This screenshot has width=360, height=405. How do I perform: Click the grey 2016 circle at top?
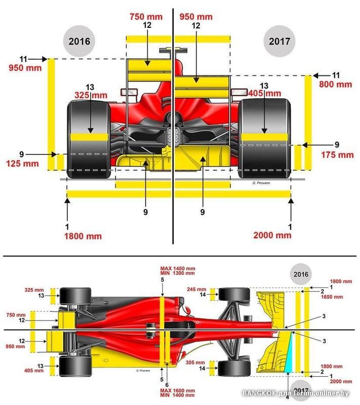pyautogui.click(x=79, y=41)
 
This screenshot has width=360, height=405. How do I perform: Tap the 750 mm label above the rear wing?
pyautogui.click(x=146, y=17)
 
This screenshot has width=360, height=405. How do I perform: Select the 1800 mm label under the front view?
pyautogui.click(x=83, y=235)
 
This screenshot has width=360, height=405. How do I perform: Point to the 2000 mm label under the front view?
pyautogui.click(x=272, y=235)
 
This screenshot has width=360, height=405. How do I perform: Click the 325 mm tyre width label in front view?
pyautogui.click(x=91, y=95)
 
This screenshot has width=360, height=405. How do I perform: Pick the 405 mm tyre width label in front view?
pyautogui.click(x=264, y=93)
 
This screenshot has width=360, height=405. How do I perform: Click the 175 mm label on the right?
pyautogui.click(x=337, y=154)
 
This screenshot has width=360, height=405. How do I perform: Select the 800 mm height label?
pyautogui.click(x=335, y=85)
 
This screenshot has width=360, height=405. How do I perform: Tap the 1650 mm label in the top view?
pyautogui.click(x=341, y=297)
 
